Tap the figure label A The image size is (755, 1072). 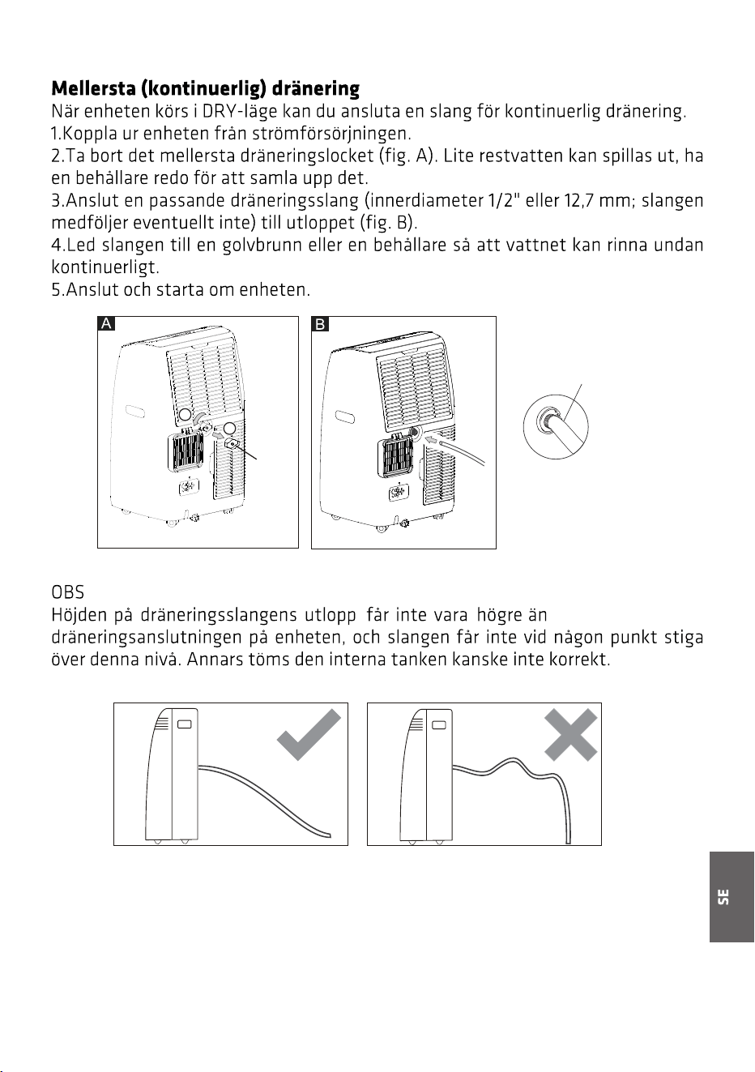[x=106, y=323]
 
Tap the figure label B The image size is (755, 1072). [x=320, y=324]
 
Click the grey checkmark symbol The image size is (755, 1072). [x=309, y=735]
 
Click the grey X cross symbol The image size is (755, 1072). [x=571, y=735]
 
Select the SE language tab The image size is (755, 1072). [x=732, y=896]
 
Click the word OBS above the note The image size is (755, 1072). [x=68, y=592]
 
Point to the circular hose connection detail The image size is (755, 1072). [x=556, y=426]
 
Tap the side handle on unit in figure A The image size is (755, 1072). [x=135, y=411]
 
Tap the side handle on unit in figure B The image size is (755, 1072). [x=345, y=416]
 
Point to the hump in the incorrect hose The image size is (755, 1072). [x=512, y=761]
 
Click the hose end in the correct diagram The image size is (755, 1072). [x=327, y=835]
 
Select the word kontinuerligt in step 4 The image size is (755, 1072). [x=105, y=267]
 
